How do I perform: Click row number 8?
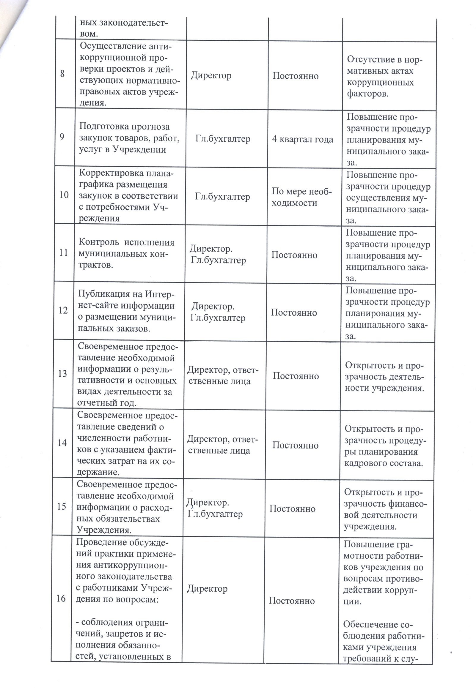pos(62,74)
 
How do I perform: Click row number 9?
pos(62,137)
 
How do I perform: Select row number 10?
pos(64,195)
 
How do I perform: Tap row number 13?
pos(62,374)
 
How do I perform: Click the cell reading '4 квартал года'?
pos(302,139)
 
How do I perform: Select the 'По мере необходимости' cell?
pos(302,197)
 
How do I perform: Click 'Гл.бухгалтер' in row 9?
pos(223,139)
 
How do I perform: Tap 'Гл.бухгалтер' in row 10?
pos(222,197)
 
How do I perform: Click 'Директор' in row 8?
pos(211,75)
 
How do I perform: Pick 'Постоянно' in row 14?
pos(295,445)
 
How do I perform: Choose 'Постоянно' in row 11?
pos(294,255)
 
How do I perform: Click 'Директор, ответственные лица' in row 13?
pos(222,376)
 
